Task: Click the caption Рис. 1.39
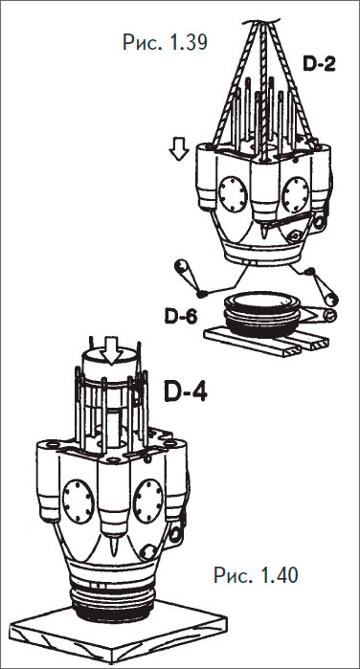(165, 43)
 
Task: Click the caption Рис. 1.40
(256, 575)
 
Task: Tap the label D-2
(320, 64)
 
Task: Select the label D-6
(181, 316)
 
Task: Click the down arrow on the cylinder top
(112, 350)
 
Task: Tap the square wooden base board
(118, 634)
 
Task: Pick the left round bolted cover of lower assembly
(78, 502)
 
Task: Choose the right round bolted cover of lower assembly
(148, 502)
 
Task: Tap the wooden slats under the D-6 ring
(267, 340)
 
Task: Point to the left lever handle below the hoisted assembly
(188, 275)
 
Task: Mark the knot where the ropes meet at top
(262, 20)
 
